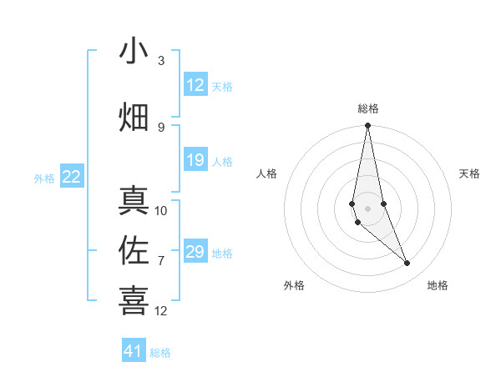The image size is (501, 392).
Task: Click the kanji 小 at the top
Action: (x=134, y=52)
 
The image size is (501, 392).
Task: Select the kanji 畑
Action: (x=134, y=117)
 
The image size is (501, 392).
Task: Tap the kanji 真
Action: (x=134, y=201)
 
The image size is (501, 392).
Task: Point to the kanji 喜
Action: (x=134, y=300)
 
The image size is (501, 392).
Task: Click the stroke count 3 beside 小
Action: (x=161, y=61)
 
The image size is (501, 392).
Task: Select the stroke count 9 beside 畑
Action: (x=161, y=127)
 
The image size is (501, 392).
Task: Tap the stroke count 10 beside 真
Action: (x=161, y=210)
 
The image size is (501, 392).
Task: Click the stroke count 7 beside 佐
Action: (x=161, y=260)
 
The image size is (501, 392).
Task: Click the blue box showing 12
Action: (x=195, y=85)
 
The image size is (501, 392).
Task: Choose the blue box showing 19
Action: (x=195, y=160)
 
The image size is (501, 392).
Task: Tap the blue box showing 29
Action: (x=195, y=252)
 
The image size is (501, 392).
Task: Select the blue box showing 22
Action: (x=72, y=177)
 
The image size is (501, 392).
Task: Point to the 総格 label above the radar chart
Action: (x=368, y=108)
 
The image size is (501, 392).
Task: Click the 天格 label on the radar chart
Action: (x=470, y=173)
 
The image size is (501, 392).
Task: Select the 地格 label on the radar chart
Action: (x=438, y=285)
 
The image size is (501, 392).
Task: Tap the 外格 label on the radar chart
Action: (x=294, y=285)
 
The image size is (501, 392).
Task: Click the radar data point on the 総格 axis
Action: (x=367, y=126)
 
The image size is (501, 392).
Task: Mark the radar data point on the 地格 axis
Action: (x=407, y=264)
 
